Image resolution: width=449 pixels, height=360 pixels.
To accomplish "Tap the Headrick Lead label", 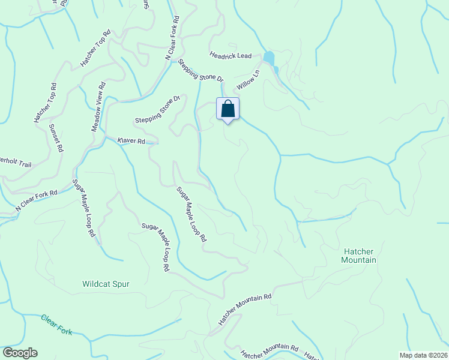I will click(x=231, y=55).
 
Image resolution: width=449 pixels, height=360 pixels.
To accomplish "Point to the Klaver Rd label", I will click(x=131, y=141).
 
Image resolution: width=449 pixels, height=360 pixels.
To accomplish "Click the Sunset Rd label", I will click(x=56, y=138).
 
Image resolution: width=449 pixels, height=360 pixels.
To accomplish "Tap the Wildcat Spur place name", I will click(x=106, y=284).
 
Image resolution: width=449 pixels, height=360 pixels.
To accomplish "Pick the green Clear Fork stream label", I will click(x=56, y=325).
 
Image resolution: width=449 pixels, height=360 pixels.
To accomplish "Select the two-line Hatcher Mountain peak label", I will click(x=358, y=256).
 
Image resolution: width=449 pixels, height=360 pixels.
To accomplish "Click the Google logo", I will click(x=20, y=353).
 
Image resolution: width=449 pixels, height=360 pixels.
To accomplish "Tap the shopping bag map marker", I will click(x=228, y=109).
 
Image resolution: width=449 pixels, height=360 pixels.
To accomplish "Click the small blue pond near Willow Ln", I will click(x=269, y=58).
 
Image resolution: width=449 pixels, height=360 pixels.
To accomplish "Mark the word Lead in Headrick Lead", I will click(x=243, y=56).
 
